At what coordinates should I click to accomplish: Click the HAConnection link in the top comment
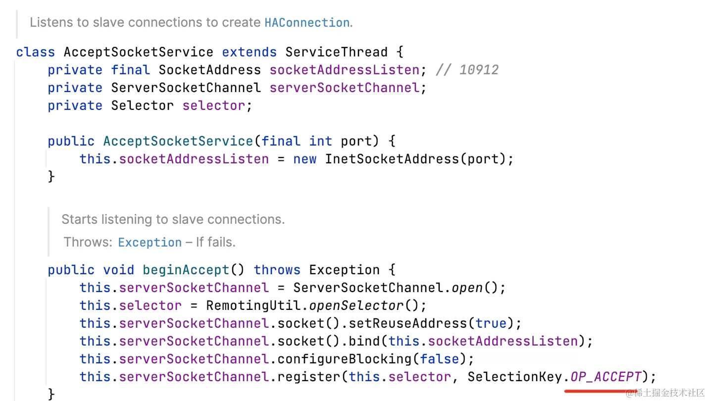pyautogui.click(x=307, y=23)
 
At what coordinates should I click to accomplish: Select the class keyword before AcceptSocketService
pyautogui.click(x=36, y=52)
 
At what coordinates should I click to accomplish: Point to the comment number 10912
pyautogui.click(x=479, y=70)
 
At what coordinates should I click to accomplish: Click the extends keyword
pyautogui.click(x=249, y=52)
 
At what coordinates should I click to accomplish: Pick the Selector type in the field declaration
pyautogui.click(x=143, y=105)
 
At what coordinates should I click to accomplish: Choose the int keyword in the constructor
pyautogui.click(x=320, y=141)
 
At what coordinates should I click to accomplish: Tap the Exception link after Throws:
pyautogui.click(x=150, y=243)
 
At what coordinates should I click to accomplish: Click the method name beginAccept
pyautogui.click(x=186, y=270)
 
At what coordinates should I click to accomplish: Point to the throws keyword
pyautogui.click(x=277, y=270)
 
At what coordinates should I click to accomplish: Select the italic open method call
pyautogui.click(x=475, y=288)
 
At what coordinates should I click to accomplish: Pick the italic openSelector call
pyautogui.click(x=364, y=305)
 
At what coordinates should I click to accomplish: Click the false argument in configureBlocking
pyautogui.click(x=439, y=359)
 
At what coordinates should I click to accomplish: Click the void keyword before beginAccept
pyautogui.click(x=119, y=270)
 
